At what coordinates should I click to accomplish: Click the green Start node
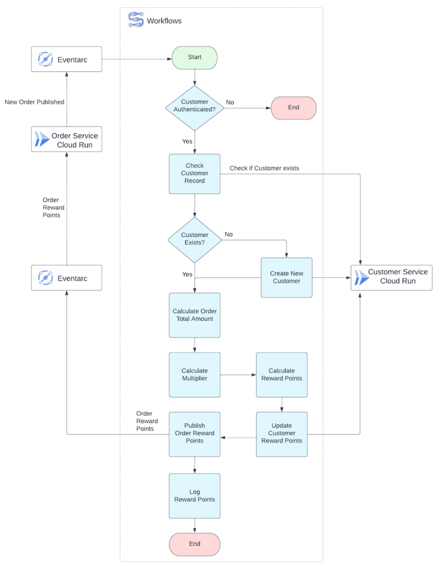click(195, 58)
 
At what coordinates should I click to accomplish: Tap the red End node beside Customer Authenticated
click(293, 108)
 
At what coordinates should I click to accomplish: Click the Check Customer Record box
click(195, 173)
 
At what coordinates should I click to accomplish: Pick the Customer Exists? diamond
click(195, 239)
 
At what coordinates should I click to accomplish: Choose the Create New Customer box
click(287, 277)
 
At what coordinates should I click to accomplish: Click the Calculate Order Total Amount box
click(195, 315)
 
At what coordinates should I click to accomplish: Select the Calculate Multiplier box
click(195, 375)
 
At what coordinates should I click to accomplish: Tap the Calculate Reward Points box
click(282, 375)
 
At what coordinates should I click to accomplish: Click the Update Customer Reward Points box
click(282, 434)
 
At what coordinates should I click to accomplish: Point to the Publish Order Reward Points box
click(195, 434)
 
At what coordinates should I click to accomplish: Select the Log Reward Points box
click(195, 496)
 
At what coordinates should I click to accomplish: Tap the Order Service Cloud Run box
click(66, 140)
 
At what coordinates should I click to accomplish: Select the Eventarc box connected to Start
click(66, 59)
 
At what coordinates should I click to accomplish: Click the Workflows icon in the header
click(136, 20)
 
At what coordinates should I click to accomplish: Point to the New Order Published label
click(34, 102)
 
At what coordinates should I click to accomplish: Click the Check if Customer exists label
click(264, 168)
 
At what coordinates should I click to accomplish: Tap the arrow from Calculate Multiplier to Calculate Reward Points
click(238, 375)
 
